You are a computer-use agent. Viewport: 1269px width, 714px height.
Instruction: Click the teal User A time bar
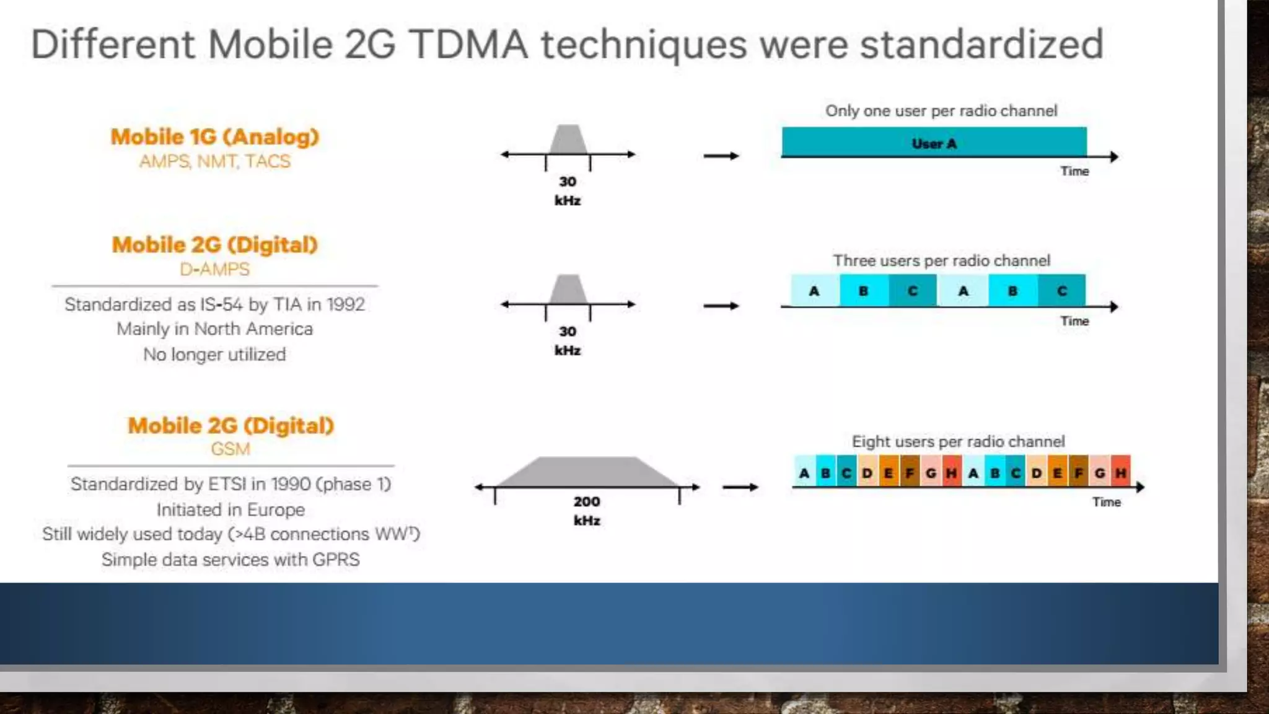tap(934, 142)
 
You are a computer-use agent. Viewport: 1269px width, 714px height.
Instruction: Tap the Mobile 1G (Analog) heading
tap(214, 136)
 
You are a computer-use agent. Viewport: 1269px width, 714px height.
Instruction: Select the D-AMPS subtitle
tap(214, 269)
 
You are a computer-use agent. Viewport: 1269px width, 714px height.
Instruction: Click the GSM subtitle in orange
tap(231, 449)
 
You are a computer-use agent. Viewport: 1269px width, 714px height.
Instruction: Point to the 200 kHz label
tap(586, 510)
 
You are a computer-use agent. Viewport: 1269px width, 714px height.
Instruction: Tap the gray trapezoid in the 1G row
tap(568, 139)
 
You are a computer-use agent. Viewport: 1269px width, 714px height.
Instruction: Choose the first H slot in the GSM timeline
tap(951, 473)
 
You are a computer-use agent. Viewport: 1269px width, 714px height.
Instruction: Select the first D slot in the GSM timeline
tap(867, 473)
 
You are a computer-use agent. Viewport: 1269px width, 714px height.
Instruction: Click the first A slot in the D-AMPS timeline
tap(815, 291)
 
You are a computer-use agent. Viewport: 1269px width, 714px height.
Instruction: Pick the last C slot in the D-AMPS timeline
tap(1062, 291)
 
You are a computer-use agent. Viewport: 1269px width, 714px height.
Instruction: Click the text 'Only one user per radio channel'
tap(941, 111)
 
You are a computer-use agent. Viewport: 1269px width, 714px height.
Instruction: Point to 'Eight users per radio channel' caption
tap(958, 441)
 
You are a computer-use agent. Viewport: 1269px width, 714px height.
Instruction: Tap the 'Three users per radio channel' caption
tap(941, 260)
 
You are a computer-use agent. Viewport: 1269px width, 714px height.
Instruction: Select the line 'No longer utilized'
tap(214, 355)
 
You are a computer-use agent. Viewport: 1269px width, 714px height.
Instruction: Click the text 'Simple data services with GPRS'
tap(231, 559)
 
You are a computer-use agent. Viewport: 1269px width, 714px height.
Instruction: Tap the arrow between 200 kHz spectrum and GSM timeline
tap(740, 487)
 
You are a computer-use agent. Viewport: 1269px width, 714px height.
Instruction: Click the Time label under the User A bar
tap(1074, 171)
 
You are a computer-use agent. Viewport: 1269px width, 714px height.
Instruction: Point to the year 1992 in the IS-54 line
tap(345, 304)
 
